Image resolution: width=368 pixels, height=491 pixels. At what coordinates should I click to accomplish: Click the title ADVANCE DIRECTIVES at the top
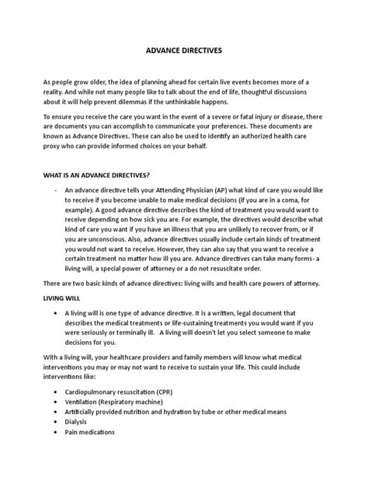[x=184, y=50]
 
